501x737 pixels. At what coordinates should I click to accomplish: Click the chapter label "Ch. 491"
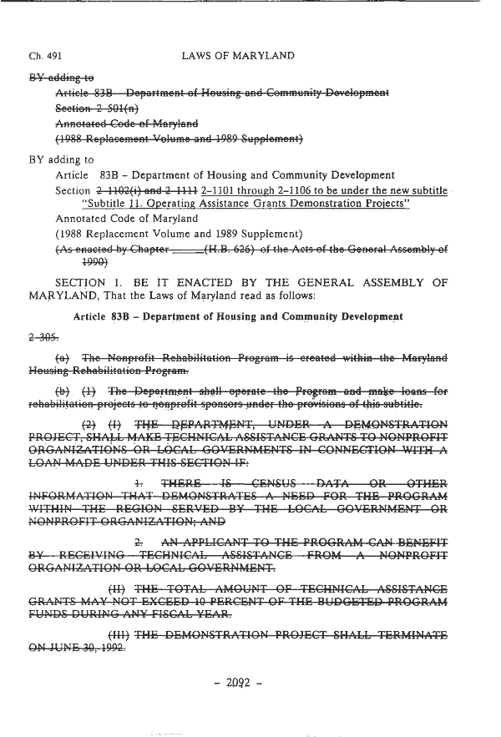41,56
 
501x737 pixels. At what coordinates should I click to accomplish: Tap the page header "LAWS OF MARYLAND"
238,56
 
